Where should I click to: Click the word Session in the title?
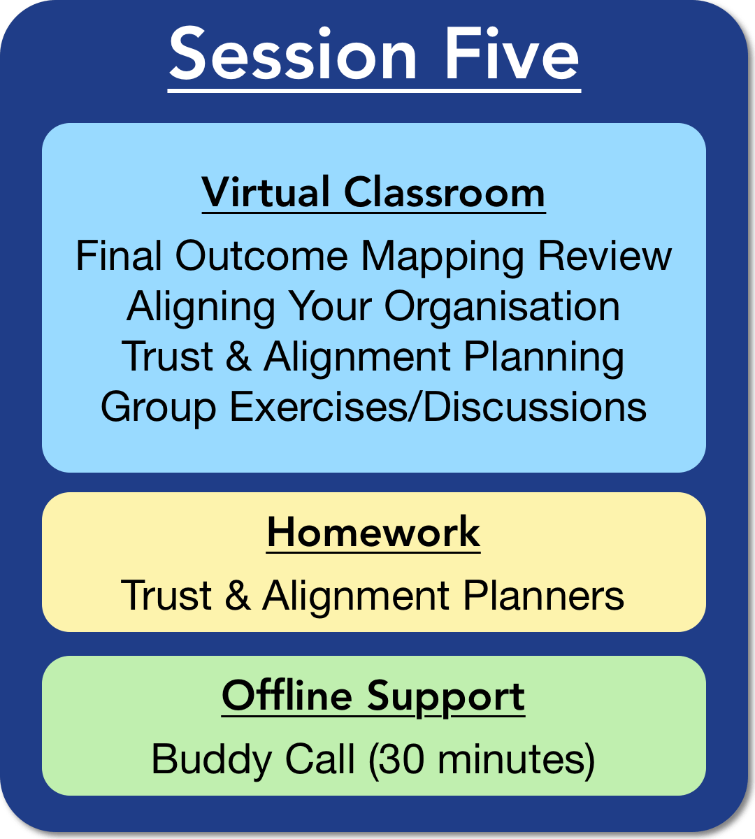tap(293, 53)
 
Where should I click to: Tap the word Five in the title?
tap(512, 53)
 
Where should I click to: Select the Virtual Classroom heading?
tap(373, 192)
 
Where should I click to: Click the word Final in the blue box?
tap(119, 255)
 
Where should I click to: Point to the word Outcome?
tap(261, 255)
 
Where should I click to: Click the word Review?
tap(605, 255)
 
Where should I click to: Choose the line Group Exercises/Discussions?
tap(373, 408)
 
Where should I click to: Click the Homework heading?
tap(373, 531)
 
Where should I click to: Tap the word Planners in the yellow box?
tap(543, 595)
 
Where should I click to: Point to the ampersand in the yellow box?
tap(238, 595)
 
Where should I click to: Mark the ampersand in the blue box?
tap(238, 356)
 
